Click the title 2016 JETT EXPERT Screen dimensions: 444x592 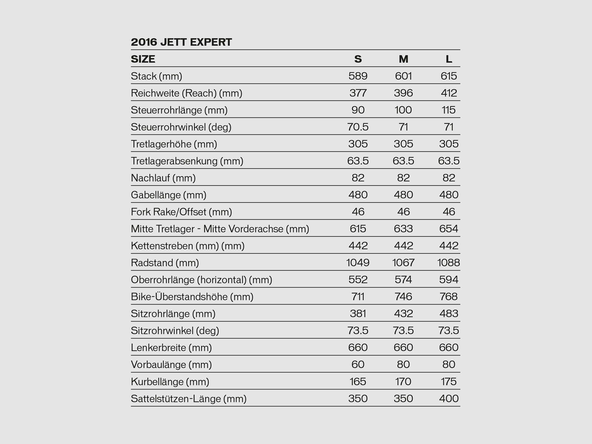[x=181, y=42]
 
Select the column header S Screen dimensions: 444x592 [x=358, y=59]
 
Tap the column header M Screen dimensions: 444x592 [x=403, y=59]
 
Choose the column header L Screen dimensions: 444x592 [x=449, y=59]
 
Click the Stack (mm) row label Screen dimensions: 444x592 [x=157, y=76]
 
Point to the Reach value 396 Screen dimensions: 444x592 [x=403, y=93]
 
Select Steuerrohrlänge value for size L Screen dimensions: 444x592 [x=448, y=110]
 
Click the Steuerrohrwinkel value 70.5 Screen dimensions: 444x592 [x=358, y=127]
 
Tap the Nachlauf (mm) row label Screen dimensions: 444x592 [x=163, y=178]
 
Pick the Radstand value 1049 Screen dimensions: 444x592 [x=358, y=263]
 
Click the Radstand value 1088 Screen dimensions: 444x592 [x=448, y=263]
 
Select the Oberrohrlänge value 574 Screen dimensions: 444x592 [x=403, y=280]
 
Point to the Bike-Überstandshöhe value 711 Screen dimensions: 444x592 [x=358, y=297]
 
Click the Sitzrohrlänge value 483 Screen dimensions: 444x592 [x=448, y=314]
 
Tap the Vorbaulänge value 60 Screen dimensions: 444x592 [x=358, y=364]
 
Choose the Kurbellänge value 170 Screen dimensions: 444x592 [x=403, y=381]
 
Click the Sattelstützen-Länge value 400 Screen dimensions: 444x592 [x=448, y=398]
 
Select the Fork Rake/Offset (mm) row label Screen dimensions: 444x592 [x=181, y=212]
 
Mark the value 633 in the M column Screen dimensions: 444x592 [x=403, y=229]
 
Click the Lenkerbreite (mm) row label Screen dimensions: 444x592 [x=171, y=348]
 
